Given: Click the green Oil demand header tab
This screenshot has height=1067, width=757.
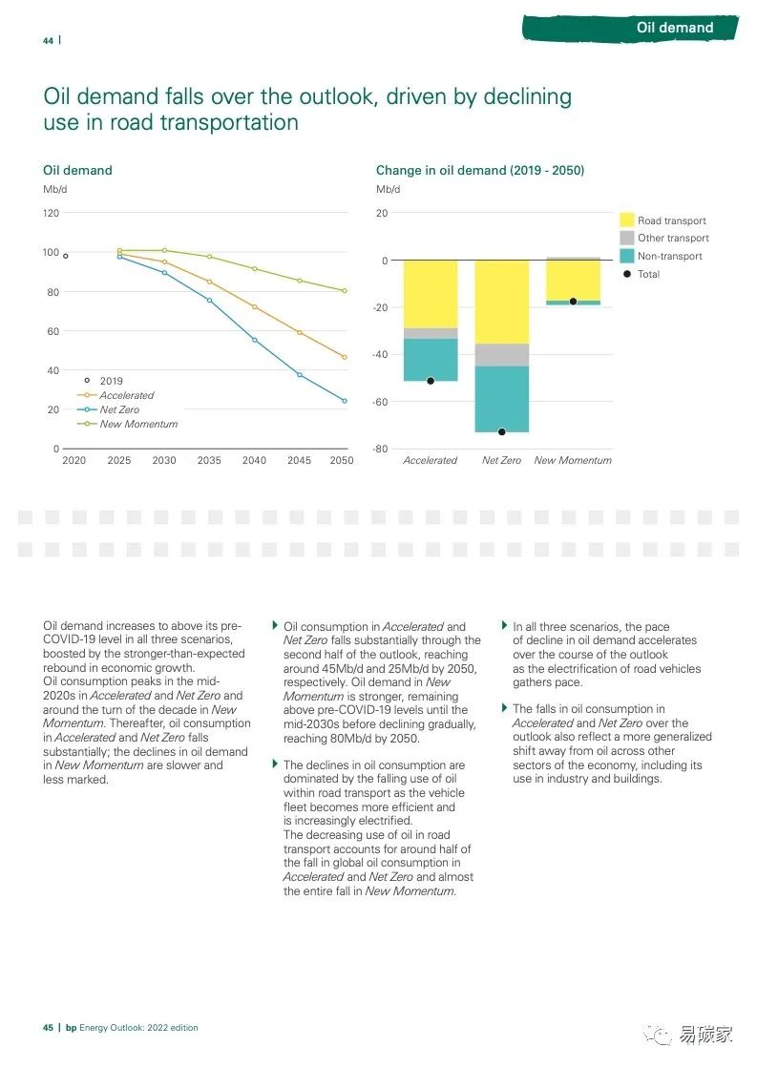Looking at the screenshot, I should click(674, 28).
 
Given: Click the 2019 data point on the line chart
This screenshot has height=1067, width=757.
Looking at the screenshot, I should click(66, 256).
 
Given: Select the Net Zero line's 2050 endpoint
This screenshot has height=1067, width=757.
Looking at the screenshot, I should click(344, 401).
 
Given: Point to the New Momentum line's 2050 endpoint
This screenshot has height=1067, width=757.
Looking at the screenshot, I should click(344, 291).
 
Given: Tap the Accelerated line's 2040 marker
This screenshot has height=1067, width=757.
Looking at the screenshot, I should click(254, 306).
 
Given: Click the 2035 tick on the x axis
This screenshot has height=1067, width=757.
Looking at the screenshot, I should click(209, 460).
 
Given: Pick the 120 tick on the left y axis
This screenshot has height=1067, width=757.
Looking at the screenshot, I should click(51, 213).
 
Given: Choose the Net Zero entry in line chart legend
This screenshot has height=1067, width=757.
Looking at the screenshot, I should click(119, 409).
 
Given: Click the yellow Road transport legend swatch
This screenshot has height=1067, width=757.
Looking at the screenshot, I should click(626, 220).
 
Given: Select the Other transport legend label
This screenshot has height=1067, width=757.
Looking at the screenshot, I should click(673, 238).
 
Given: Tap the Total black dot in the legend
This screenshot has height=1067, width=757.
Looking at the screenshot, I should click(626, 274).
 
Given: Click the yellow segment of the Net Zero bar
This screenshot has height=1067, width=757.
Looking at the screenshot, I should click(501, 302).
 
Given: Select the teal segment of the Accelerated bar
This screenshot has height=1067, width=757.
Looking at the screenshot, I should click(431, 360).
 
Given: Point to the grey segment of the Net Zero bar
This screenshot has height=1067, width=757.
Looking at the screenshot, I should click(501, 355).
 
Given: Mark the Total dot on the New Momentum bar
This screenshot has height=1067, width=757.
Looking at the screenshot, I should click(573, 302).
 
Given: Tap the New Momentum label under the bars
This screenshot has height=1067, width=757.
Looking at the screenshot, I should click(573, 460).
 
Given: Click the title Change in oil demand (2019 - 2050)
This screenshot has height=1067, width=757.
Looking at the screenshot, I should click(480, 170).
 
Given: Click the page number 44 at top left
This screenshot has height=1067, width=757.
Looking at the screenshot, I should click(48, 40).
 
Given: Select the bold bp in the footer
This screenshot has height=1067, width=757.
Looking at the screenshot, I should click(71, 1028).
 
